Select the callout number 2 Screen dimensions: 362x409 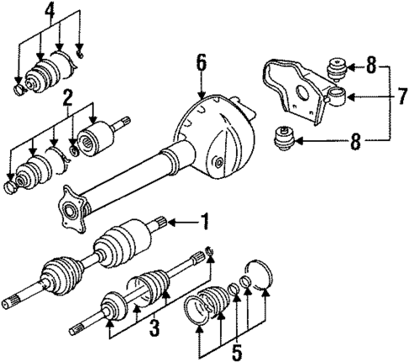(x=67, y=102)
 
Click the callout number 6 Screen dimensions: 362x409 (x=201, y=62)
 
